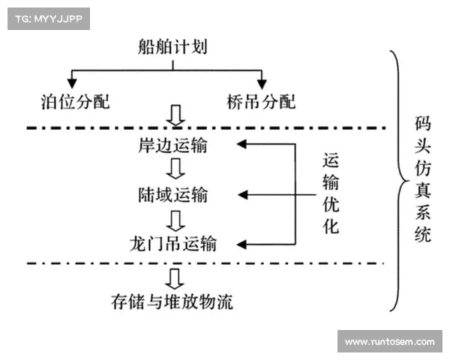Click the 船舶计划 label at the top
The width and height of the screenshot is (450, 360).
point(173,48)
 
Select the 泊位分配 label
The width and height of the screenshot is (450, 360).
point(76,101)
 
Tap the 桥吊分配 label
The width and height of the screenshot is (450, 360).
point(262,101)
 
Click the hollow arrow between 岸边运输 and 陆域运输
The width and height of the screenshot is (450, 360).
point(174,170)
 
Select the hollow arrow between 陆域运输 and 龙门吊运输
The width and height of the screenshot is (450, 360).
point(174,220)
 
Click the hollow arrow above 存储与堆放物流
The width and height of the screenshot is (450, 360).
point(174,279)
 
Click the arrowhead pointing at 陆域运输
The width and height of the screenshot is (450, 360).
point(241,195)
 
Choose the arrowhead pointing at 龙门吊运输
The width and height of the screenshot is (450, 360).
point(241,244)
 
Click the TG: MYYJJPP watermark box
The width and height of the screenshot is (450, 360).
point(48,18)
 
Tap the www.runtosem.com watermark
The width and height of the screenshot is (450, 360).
point(389,342)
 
